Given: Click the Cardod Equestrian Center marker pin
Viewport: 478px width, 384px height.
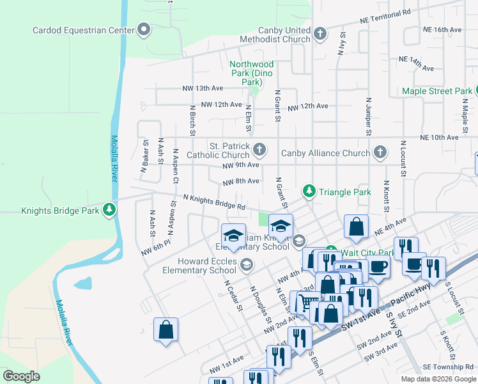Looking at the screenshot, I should point(144,30).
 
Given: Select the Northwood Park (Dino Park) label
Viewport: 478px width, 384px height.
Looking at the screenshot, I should point(252,74).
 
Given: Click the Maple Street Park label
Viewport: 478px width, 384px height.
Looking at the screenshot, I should point(437,92).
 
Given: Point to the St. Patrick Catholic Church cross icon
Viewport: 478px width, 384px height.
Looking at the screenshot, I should point(259,150).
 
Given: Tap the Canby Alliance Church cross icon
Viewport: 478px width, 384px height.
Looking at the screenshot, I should point(380,152).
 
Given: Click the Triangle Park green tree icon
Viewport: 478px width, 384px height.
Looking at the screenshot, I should point(309,191).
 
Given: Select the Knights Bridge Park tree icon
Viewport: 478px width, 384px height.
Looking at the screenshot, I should point(109,210).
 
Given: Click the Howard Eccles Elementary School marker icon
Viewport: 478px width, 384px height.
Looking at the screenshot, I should point(247,264).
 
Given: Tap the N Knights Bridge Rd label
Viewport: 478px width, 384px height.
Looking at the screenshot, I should point(214,202).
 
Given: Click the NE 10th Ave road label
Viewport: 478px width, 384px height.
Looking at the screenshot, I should point(435,138).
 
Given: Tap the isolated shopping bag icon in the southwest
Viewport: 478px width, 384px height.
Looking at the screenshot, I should point(166,330).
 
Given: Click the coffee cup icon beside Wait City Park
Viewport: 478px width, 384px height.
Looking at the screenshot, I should point(378,266).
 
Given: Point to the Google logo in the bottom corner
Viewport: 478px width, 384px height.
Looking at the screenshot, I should point(22,376).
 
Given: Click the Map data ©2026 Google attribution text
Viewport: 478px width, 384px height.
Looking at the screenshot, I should point(438,379).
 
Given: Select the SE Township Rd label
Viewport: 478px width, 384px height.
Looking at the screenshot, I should point(448,367).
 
